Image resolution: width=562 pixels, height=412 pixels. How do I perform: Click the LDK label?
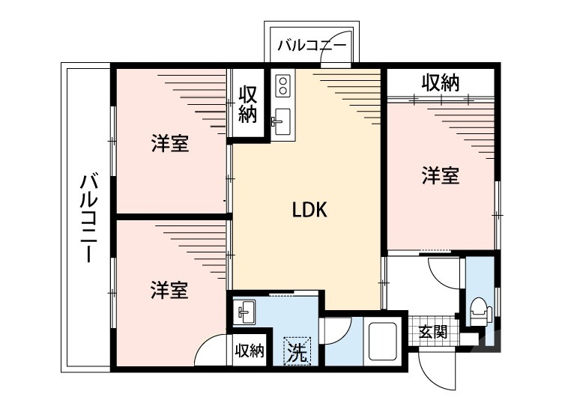(x=309, y=210)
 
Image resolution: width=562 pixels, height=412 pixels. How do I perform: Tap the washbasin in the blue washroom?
(x=246, y=309)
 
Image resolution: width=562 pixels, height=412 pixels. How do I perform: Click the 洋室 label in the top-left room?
(x=170, y=143)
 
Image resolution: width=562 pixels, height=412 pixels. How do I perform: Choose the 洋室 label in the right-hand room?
(x=440, y=177)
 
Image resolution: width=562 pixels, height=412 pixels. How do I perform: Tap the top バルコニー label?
(x=310, y=45)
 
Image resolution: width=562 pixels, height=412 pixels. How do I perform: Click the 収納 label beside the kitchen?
(x=249, y=104)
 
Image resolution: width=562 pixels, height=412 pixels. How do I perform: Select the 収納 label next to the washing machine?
(x=249, y=351)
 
